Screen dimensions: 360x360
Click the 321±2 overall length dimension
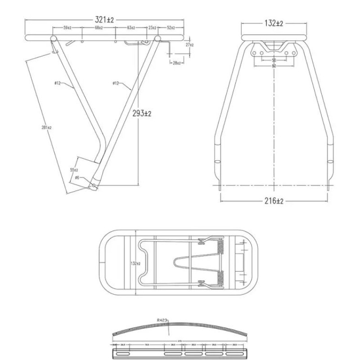pyautogui.click(x=104, y=19)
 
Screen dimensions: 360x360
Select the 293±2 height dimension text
pyautogui.click(x=142, y=114)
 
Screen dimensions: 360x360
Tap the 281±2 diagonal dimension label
pyautogui.click(x=46, y=127)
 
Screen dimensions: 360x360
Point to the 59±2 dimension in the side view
pyautogui.click(x=67, y=28)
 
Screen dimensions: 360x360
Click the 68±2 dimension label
pyautogui.click(x=99, y=28)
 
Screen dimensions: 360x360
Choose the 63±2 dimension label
pyautogui.click(x=131, y=28)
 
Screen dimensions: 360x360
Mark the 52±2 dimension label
pyautogui.click(x=171, y=28)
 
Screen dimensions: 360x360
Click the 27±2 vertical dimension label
pyautogui.click(x=189, y=45)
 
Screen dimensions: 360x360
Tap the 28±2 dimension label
pyautogui.click(x=177, y=63)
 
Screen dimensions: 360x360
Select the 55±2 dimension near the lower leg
pyautogui.click(x=74, y=170)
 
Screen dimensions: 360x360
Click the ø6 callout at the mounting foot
pyautogui.click(x=77, y=178)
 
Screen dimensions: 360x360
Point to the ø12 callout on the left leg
pyautogui.click(x=58, y=83)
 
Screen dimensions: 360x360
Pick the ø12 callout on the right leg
pyautogui.click(x=116, y=83)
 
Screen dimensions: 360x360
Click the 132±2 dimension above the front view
pyautogui.click(x=273, y=23)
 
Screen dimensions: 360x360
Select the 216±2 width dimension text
pyautogui.click(x=273, y=201)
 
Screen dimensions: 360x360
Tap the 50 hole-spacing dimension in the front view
pyautogui.click(x=274, y=60)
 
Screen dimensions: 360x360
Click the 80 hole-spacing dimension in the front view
pyautogui.click(x=274, y=66)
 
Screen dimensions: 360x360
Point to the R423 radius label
pyautogui.click(x=162, y=320)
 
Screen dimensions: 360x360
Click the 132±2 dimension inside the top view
pyautogui.click(x=135, y=263)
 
